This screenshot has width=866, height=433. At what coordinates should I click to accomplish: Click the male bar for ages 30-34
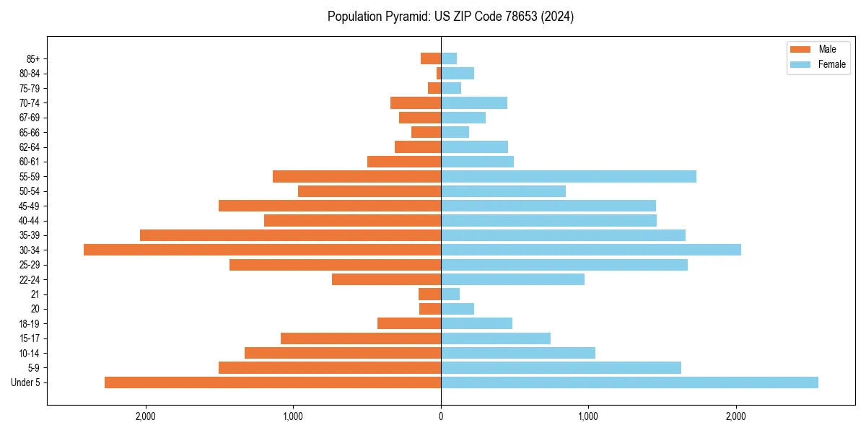(262, 250)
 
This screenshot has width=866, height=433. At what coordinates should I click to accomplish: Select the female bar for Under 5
(629, 382)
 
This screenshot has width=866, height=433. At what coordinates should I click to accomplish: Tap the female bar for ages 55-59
(569, 176)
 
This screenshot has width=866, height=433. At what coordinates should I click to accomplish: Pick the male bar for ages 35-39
(290, 235)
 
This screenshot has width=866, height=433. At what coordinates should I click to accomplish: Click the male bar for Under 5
(273, 382)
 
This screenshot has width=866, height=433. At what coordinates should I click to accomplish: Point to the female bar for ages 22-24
(512, 279)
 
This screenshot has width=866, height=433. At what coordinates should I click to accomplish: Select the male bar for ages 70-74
(416, 102)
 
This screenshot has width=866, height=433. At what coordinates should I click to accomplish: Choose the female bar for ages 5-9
(561, 368)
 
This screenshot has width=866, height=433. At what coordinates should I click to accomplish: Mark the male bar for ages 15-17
(361, 338)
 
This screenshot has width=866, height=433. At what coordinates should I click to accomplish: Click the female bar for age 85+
(449, 58)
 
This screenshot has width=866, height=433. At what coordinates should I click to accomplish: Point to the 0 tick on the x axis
(441, 416)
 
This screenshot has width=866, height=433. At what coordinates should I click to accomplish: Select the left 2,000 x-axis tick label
(146, 416)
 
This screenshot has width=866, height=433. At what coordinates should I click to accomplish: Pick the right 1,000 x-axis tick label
(588, 416)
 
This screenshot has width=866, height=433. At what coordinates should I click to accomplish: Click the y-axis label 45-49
(29, 206)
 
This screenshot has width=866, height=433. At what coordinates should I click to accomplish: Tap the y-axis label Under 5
(25, 382)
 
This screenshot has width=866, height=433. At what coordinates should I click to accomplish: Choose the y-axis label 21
(35, 294)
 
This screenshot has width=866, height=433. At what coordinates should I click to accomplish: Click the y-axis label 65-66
(29, 132)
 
